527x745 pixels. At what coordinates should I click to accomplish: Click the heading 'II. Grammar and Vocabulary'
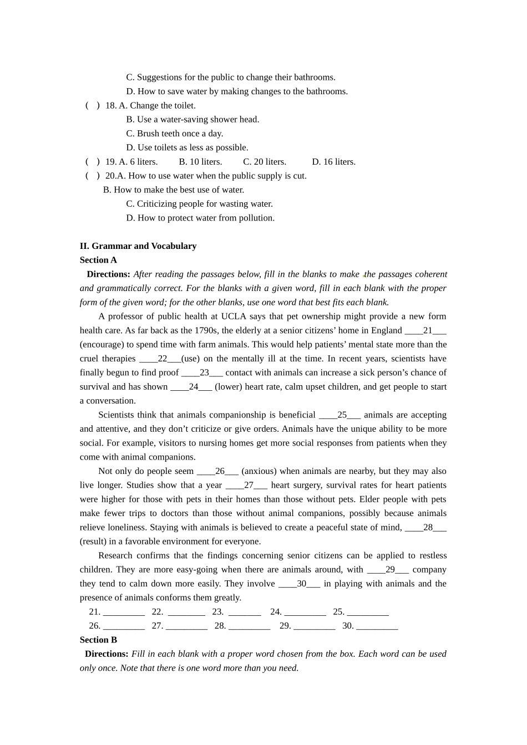[138, 246]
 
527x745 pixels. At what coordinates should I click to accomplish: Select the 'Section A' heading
[98, 260]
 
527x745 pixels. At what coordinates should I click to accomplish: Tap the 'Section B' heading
[98, 640]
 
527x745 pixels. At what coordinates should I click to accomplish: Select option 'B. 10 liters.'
[200, 162]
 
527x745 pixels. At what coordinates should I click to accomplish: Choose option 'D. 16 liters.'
[333, 162]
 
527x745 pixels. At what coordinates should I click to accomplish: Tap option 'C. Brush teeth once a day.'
[174, 134]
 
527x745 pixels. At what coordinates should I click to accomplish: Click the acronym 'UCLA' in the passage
[234, 317]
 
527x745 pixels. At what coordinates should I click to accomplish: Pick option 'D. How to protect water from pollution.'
[200, 218]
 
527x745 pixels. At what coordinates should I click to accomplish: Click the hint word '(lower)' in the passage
[229, 387]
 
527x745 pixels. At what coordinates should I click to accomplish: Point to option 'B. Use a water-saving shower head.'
[192, 119]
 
